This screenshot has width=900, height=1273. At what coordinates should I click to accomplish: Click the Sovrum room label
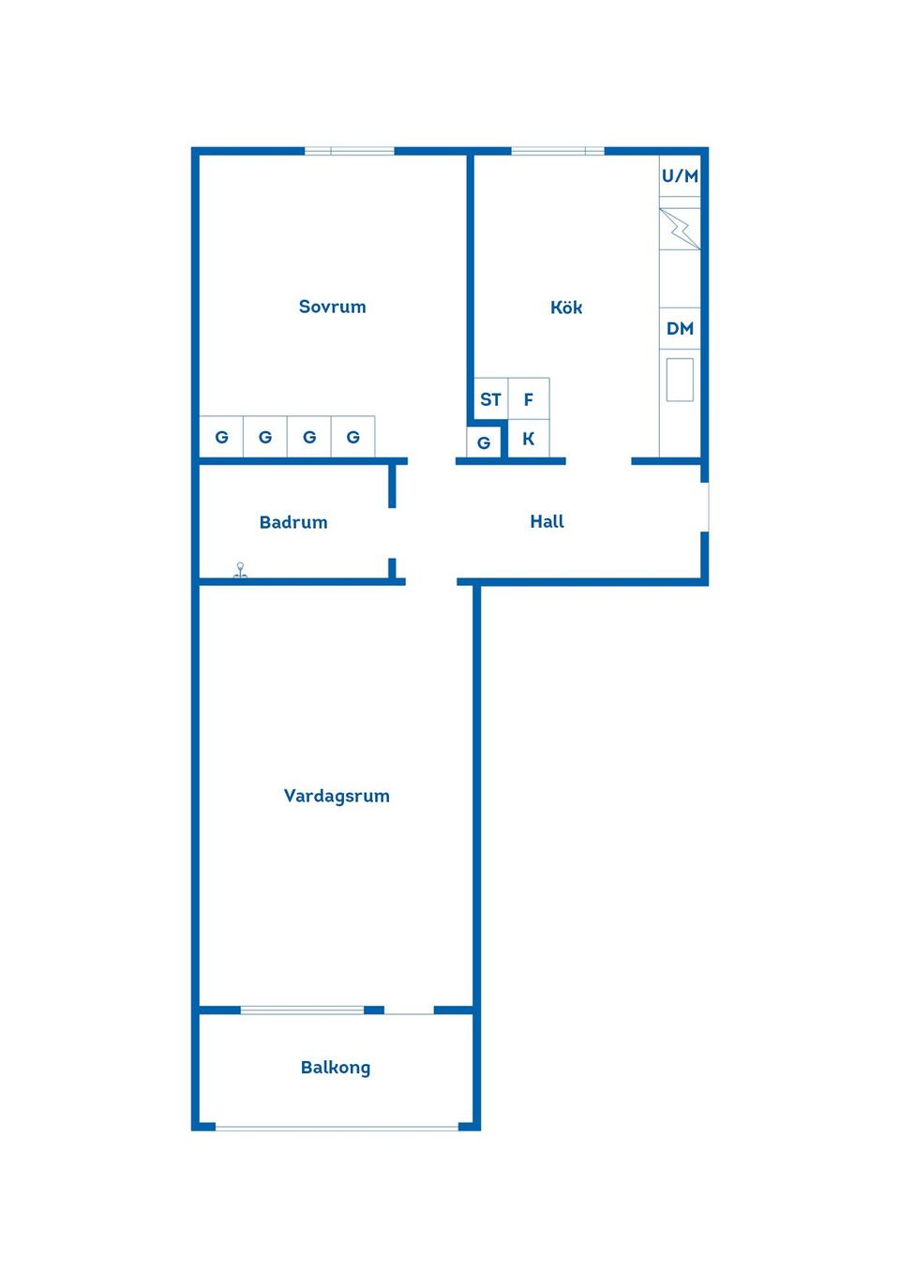coord(332,307)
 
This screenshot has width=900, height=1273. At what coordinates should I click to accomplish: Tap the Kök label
coord(566,307)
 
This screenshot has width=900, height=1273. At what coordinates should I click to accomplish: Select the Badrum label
coord(293,522)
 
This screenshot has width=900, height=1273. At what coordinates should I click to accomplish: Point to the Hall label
coord(547,521)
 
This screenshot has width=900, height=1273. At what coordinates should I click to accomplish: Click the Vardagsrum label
coord(337,796)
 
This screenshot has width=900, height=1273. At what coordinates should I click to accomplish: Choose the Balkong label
coord(336,1067)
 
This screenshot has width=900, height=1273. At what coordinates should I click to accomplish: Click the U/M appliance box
coord(680,176)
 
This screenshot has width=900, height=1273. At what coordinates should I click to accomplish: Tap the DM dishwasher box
coord(680,328)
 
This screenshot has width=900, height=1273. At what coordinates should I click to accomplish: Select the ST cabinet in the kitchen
coord(490,399)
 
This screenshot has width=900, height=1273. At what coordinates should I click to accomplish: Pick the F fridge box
coord(529,399)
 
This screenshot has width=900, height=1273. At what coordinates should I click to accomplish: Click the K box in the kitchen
coord(529,439)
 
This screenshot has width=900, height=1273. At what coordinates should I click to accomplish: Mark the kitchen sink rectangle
coord(680,380)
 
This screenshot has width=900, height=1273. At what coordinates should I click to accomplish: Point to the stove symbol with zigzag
coord(680,229)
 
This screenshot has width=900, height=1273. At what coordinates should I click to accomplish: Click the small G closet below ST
coord(484,442)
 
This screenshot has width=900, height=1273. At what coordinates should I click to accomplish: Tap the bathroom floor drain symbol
coord(240,569)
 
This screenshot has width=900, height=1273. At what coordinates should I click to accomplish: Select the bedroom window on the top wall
coord(349,150)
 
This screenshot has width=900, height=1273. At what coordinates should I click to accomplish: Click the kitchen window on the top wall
coord(557,150)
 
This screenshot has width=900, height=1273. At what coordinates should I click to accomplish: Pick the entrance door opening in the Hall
coord(705,507)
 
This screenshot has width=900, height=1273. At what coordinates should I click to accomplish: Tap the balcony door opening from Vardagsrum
coord(409,1010)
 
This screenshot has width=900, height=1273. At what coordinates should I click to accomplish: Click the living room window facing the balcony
coord(302,1010)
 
